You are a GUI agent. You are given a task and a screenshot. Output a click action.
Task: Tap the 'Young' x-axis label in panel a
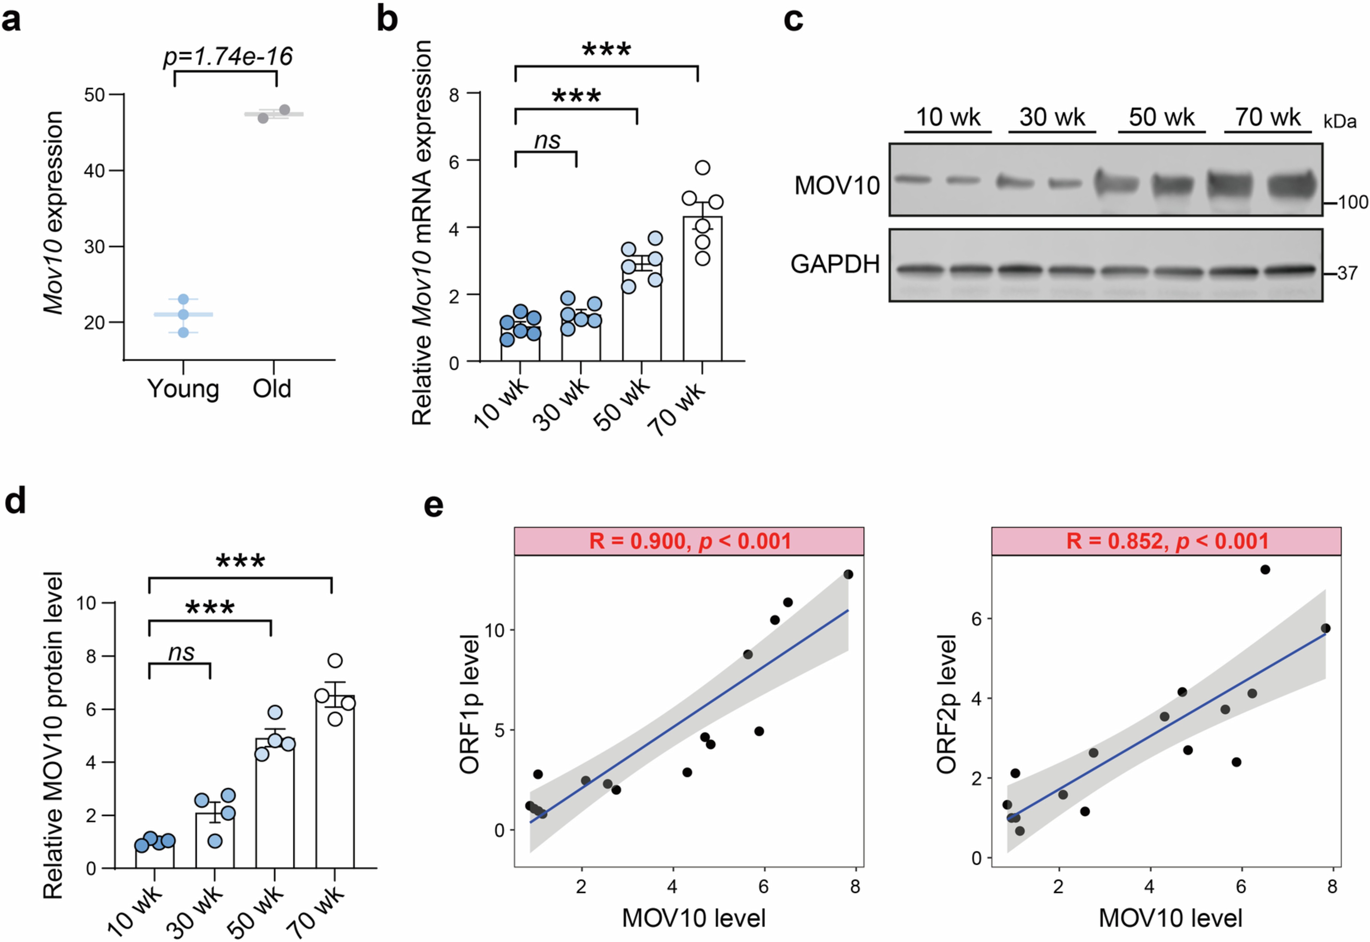[x=183, y=389]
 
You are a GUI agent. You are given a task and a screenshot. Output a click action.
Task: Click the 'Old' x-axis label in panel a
[x=272, y=389]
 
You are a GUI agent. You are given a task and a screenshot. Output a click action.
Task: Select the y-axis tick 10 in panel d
[x=86, y=603]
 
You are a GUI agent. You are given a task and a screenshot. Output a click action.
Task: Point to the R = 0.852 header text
[x=1167, y=541]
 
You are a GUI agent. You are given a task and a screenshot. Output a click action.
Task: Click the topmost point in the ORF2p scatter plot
[x=1265, y=570]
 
